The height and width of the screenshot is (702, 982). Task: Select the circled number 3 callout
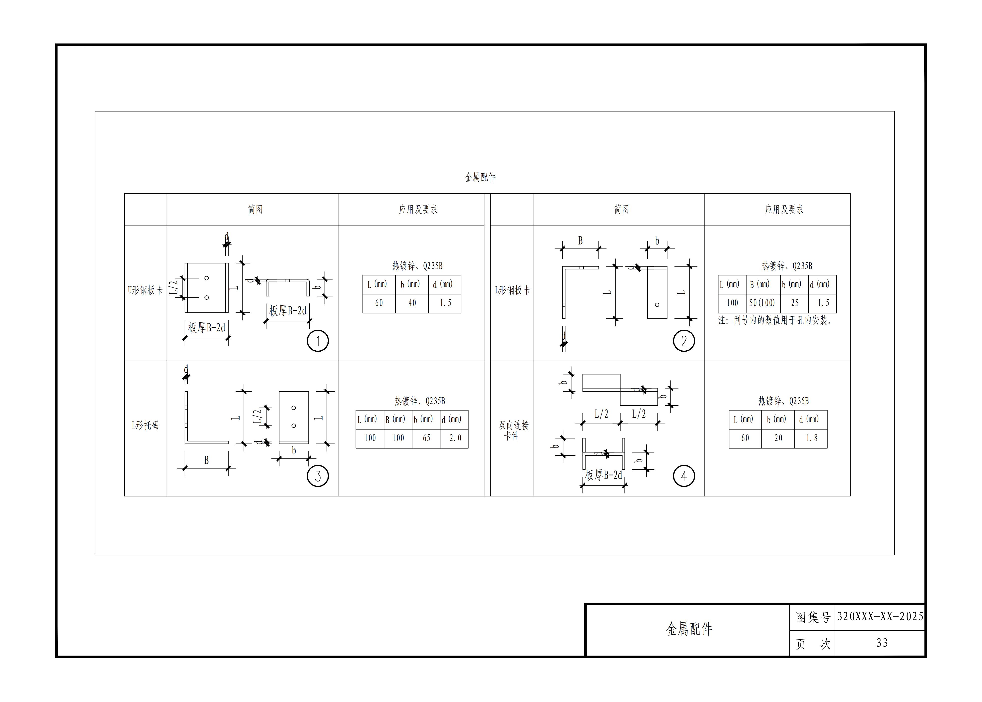318,476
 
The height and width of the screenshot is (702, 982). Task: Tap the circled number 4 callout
684,476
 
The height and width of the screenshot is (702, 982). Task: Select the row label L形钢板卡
512,290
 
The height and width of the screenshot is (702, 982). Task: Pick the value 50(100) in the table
762,303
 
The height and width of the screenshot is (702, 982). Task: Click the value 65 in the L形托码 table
426,438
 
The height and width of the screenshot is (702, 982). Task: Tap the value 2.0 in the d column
455,438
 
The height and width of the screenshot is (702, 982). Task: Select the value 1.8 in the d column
811,438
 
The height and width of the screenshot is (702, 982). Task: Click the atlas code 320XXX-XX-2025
880,616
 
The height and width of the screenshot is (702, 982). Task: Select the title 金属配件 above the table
480,177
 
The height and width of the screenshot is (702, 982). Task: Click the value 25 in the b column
795,303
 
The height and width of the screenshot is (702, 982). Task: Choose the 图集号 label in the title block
812,617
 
